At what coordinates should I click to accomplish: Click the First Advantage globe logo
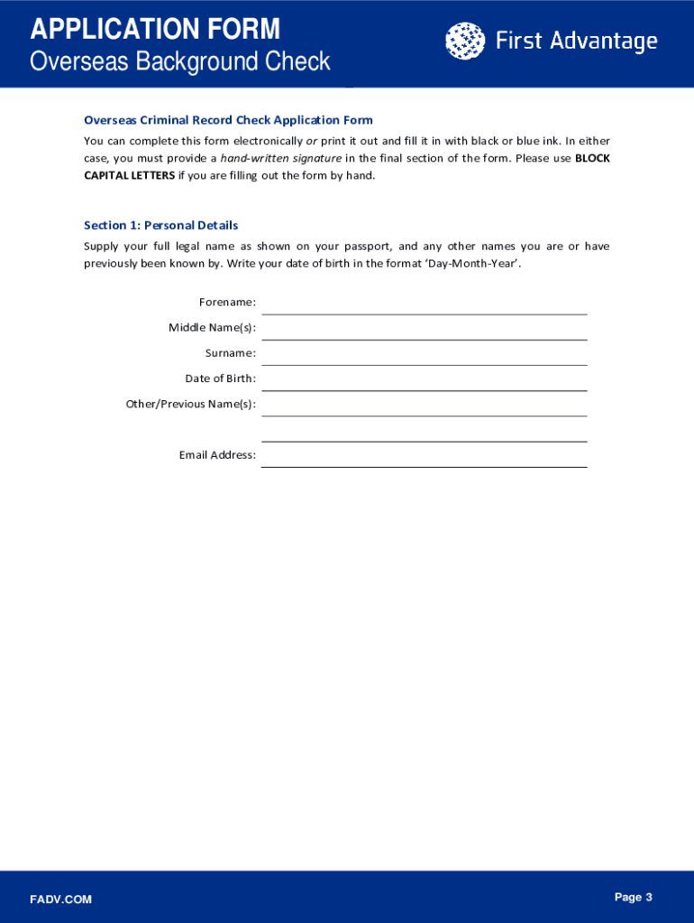463,41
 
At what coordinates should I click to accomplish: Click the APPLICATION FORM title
155,30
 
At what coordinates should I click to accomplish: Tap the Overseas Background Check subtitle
180,61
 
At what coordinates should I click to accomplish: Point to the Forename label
227,302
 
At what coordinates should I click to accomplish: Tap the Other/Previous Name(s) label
191,404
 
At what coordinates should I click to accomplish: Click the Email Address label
217,455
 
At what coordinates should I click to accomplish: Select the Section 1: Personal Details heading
160,225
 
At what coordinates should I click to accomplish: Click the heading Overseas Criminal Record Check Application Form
228,120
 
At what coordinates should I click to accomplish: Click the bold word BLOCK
592,159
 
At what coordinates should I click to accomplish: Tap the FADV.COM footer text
60,900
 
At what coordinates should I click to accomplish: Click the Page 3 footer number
633,897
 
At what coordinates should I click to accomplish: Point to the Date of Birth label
220,379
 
